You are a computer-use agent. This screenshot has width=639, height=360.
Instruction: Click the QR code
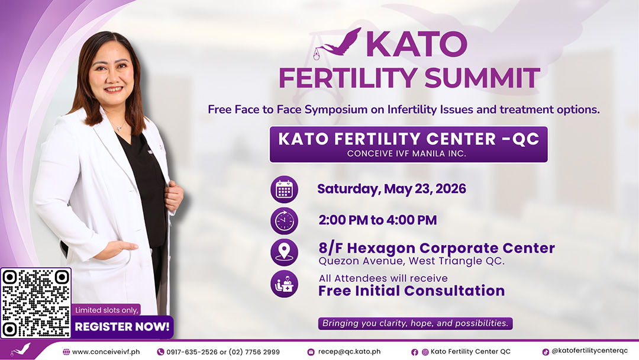click(36, 303)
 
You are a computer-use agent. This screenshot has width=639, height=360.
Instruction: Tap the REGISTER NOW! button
click(122, 327)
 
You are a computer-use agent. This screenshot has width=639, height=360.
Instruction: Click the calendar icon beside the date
click(284, 189)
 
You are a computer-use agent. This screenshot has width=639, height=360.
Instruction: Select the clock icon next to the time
click(284, 221)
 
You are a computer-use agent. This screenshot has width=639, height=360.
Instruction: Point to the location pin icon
click(284, 252)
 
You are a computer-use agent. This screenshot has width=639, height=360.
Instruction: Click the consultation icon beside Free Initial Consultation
click(284, 284)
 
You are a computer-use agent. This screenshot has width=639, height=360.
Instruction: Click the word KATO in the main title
click(416, 44)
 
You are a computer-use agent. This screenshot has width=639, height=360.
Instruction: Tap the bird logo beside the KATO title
click(337, 43)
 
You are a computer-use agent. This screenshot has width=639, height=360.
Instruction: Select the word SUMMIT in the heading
click(482, 78)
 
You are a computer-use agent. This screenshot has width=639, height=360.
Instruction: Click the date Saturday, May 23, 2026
click(392, 189)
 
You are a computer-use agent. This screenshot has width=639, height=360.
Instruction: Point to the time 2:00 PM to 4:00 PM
click(377, 220)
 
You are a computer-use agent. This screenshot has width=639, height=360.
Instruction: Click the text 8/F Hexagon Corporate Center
click(437, 248)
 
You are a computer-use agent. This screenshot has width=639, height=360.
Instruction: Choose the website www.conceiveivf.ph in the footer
click(106, 352)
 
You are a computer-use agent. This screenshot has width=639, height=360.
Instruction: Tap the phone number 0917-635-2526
click(192, 352)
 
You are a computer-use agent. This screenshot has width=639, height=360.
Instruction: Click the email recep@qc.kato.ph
click(349, 352)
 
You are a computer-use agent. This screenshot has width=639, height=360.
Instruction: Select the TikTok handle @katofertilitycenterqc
click(589, 351)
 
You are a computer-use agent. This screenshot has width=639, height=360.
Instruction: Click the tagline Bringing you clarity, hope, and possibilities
click(415, 323)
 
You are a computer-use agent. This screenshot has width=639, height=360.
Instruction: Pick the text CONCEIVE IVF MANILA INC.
click(406, 154)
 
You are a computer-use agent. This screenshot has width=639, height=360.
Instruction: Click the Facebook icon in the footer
click(414, 352)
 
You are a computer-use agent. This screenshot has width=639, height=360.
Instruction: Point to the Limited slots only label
click(106, 310)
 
